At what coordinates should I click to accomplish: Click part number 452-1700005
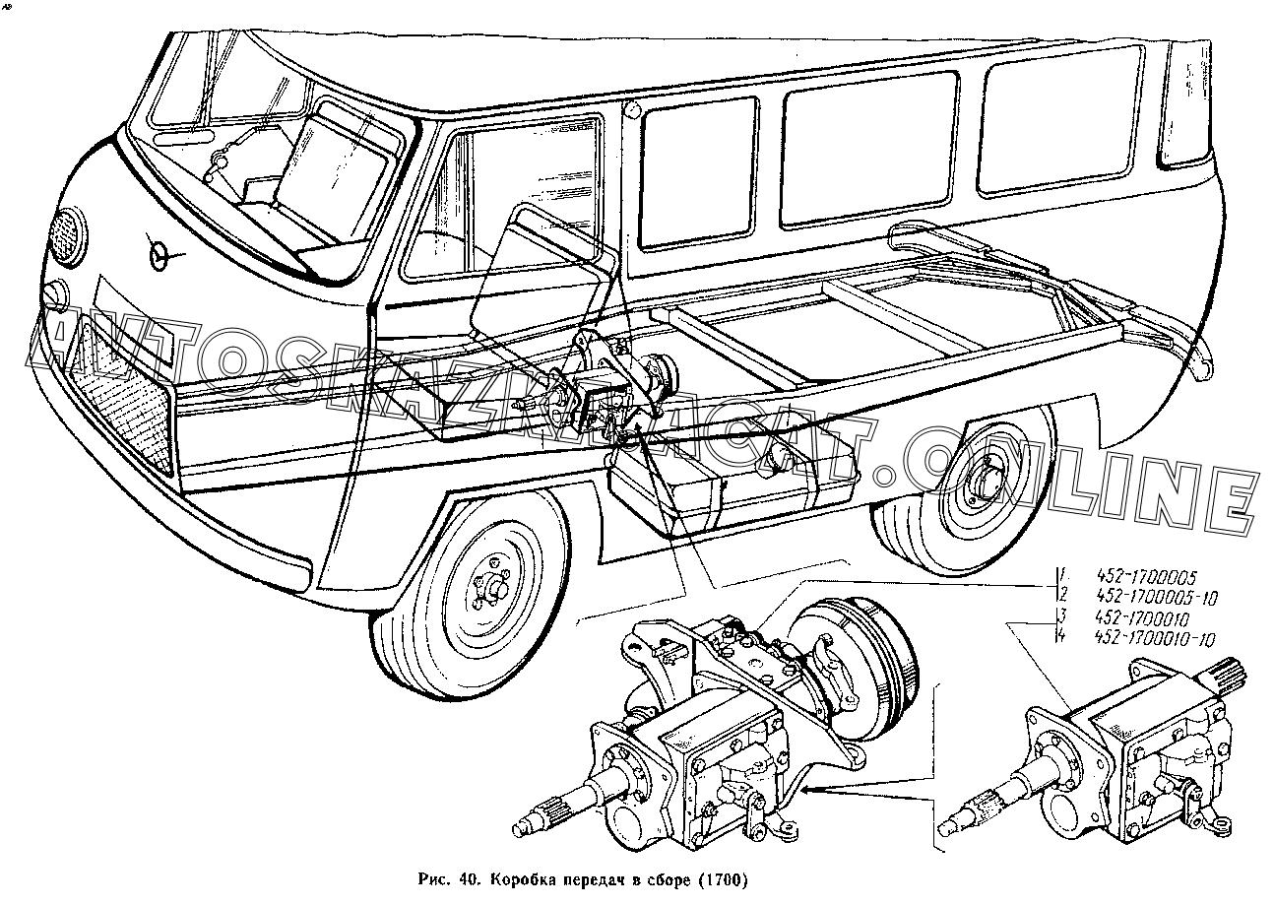point(1145,578)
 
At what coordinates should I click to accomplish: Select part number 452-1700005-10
point(1156,598)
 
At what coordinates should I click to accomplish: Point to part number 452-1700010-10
point(1155,639)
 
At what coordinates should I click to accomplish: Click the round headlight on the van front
point(68,235)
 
